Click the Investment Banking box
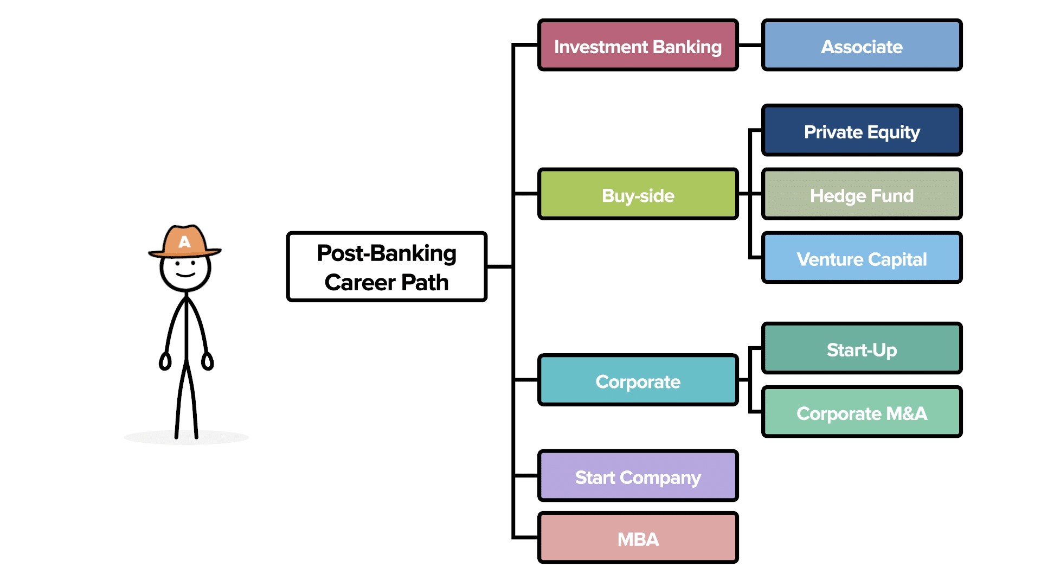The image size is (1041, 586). [638, 46]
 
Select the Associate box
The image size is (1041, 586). [862, 46]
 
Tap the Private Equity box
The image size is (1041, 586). [862, 131]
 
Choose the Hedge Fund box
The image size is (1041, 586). [862, 194]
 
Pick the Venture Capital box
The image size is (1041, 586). [862, 258]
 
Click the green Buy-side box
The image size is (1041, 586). [638, 194]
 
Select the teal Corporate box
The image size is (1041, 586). [638, 380]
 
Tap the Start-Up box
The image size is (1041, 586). [862, 349]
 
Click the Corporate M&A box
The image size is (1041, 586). [862, 412]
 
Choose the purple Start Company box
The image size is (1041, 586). [638, 476]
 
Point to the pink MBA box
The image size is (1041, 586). [638, 538]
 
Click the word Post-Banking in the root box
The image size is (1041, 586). [387, 253]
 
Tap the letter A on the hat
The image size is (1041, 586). [184, 242]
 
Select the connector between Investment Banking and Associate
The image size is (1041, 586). [750, 46]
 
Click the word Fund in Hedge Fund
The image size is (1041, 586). [892, 195]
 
